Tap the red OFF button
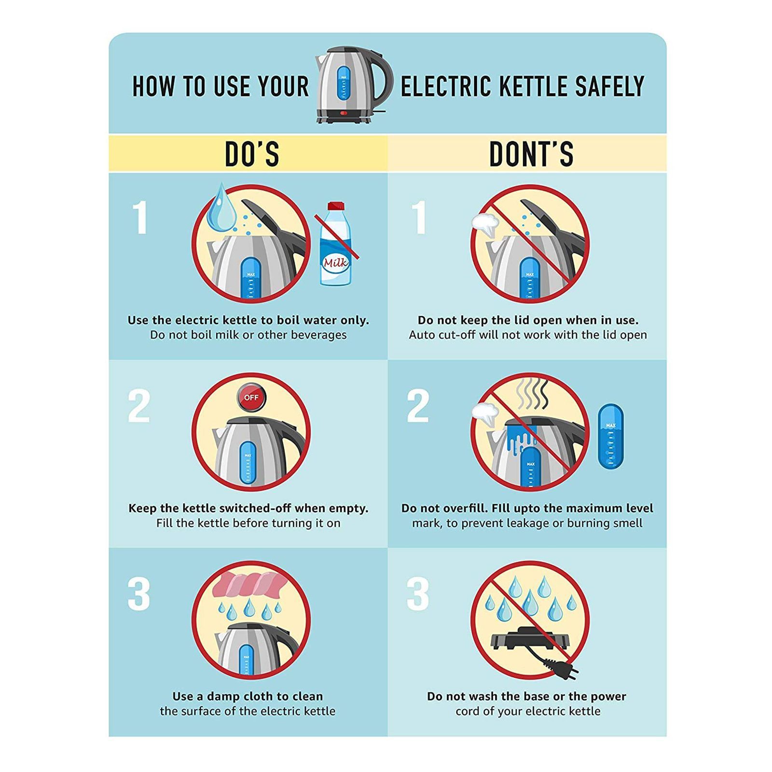pos(251,398)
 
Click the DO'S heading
pos(252,154)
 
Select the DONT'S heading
pos(531,154)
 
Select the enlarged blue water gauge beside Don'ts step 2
pos(610,437)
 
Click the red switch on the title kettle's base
pos(344,113)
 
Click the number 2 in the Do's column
pos(139,406)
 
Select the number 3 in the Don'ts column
pos(418,594)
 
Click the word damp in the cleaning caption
pos(223,696)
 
